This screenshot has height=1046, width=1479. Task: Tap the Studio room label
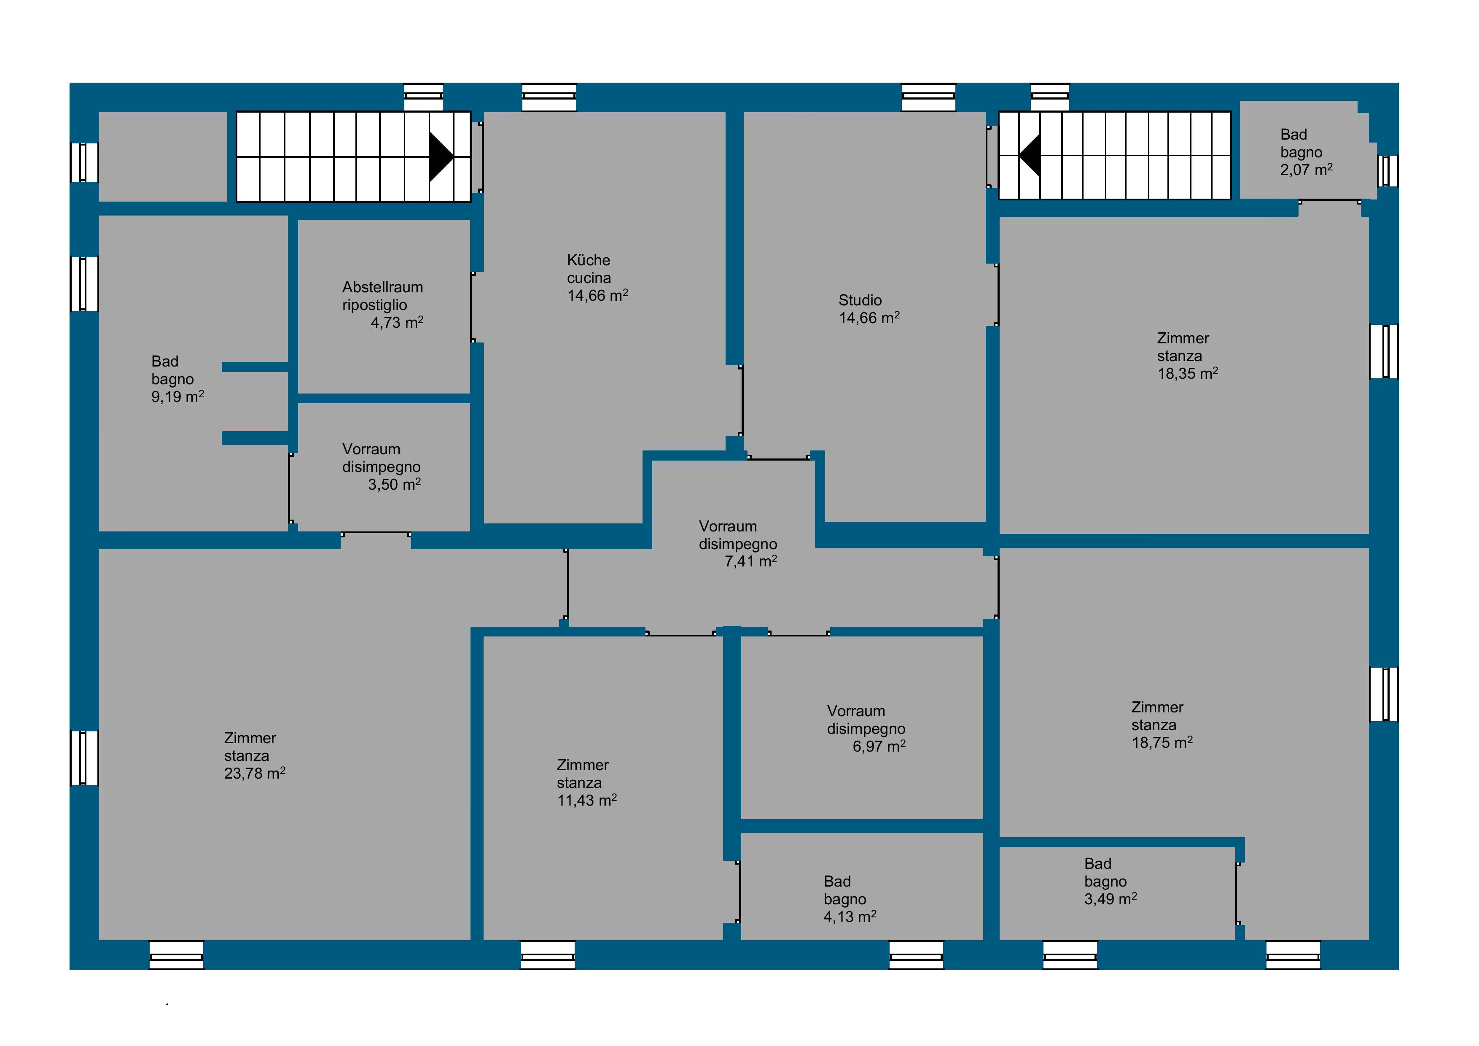860,300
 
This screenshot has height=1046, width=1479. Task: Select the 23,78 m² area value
255,772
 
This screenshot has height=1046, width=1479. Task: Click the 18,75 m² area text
1162,742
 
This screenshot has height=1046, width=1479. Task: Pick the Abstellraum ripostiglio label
383,296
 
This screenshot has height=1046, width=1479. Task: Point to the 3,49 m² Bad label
1111,881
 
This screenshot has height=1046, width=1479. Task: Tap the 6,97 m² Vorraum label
866,728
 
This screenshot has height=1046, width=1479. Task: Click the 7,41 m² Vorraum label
738,543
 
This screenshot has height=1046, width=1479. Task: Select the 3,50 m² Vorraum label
382,466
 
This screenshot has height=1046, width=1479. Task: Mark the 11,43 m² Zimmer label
587,782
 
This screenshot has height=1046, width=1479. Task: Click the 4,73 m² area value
397,322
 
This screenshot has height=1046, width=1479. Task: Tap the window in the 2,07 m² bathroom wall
1388,171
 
